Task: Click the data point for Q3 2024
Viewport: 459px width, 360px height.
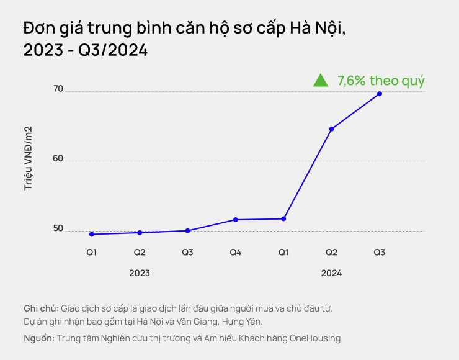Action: [x=380, y=94]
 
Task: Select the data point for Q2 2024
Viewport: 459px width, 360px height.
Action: [x=331, y=129]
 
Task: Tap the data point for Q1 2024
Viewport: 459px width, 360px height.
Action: [x=283, y=219]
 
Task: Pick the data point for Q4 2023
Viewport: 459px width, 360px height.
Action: [x=236, y=220]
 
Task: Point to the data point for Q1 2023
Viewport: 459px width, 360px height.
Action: [x=92, y=234]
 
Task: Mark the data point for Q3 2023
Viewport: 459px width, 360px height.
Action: [x=188, y=231]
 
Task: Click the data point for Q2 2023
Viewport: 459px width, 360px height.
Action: [x=140, y=233]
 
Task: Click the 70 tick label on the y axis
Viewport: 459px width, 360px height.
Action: [x=58, y=89]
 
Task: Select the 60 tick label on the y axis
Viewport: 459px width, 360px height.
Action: [x=58, y=158]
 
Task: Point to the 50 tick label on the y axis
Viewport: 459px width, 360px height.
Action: [x=58, y=228]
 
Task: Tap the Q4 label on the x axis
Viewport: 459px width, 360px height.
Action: [x=235, y=253]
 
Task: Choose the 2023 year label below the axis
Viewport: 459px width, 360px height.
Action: [x=140, y=273]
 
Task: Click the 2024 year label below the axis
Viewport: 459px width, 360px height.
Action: [x=331, y=273]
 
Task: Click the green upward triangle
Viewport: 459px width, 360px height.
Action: [x=321, y=81]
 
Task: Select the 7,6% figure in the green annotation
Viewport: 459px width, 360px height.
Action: [x=351, y=81]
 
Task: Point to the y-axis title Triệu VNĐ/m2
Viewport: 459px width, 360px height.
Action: [x=28, y=158]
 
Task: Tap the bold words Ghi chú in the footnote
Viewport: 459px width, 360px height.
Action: [x=42, y=308]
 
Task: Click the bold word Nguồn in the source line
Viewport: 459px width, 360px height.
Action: [x=39, y=338]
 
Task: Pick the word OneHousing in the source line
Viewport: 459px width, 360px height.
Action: [x=315, y=338]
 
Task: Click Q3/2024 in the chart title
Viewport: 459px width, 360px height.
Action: [x=113, y=50]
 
